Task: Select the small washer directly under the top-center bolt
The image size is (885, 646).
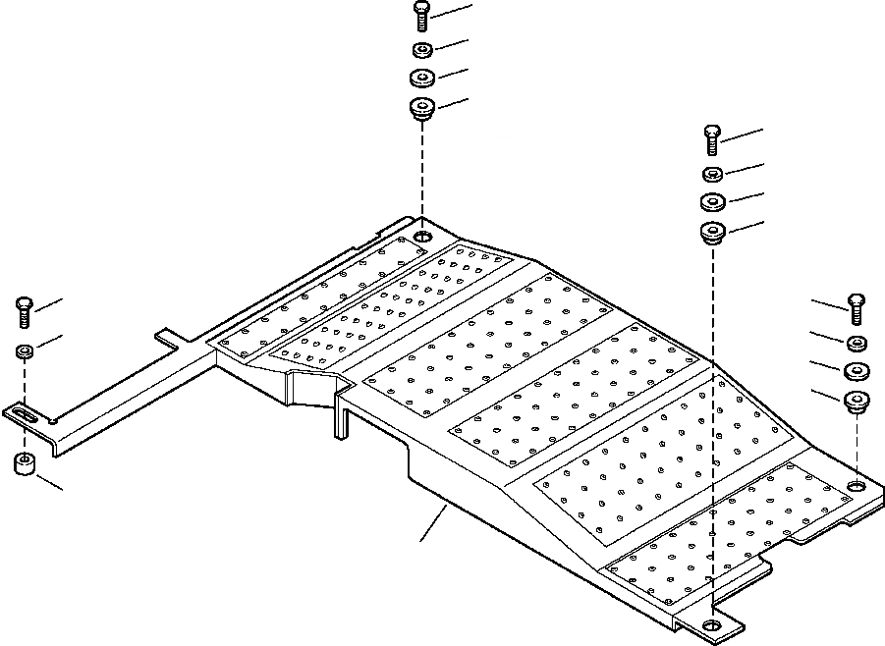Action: pos(421,50)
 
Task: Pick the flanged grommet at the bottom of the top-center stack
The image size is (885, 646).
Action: pos(422,107)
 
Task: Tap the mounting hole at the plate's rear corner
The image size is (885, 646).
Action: pos(422,239)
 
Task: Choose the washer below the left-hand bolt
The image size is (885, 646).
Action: pos(26,350)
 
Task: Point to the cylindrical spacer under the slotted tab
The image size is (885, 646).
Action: pos(25,464)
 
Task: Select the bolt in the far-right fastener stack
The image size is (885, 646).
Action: pos(855,308)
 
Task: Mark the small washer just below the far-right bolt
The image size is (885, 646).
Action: pos(856,343)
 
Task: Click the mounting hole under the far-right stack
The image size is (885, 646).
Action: pos(857,487)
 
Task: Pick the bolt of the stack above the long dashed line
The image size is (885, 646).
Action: pos(713,140)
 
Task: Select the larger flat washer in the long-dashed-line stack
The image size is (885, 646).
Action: pos(713,202)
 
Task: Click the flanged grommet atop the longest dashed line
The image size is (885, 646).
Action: pos(713,234)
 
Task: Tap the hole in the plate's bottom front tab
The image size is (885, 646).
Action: pos(712,625)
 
